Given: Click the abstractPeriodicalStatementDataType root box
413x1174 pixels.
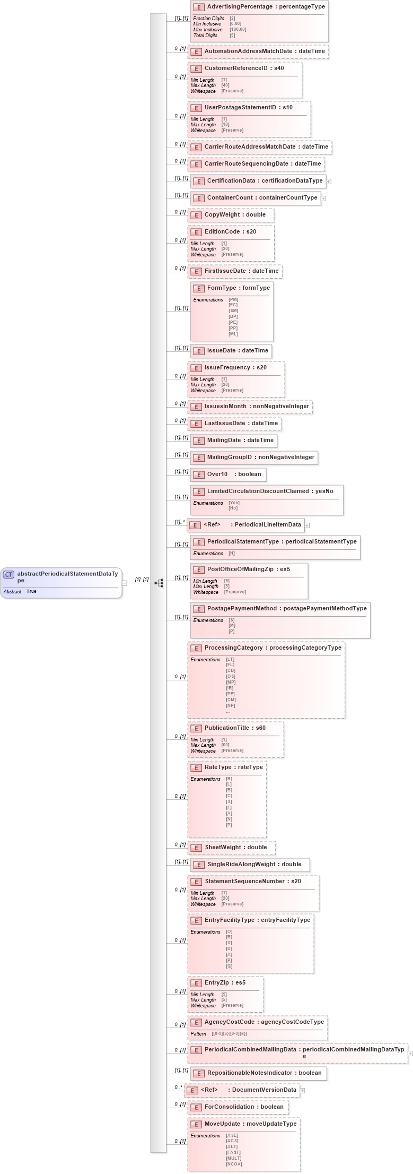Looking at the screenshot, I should [x=61, y=582].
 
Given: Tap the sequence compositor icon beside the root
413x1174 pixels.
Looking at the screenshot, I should [x=159, y=583].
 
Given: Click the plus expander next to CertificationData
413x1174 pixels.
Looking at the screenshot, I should [x=329, y=182].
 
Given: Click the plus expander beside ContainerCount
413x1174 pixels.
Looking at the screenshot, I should [x=324, y=198].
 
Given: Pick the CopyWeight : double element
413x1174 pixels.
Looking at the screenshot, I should [x=235, y=215].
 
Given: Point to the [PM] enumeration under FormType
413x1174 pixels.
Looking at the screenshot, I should [x=233, y=300].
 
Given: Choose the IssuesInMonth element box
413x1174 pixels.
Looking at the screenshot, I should [x=257, y=407].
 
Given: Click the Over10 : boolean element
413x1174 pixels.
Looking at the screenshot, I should [x=234, y=474].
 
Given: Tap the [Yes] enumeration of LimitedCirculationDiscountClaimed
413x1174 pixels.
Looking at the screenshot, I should [x=234, y=503].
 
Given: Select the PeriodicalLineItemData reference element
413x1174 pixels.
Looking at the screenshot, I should [x=252, y=525].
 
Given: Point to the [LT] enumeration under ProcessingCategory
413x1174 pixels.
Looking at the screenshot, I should [x=230, y=660].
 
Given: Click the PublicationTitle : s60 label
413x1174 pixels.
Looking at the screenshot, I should [x=235, y=728].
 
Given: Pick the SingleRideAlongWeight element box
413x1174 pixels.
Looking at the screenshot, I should [x=254, y=865].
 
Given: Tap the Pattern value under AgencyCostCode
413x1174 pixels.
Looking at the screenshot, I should [x=229, y=1034].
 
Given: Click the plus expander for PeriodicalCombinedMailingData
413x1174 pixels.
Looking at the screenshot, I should [x=410, y=1054].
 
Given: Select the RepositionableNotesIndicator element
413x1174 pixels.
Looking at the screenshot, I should [x=264, y=1073].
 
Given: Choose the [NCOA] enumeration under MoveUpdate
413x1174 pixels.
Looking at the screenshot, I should [x=234, y=1164].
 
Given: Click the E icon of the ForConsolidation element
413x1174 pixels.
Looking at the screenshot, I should [x=196, y=1108].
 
